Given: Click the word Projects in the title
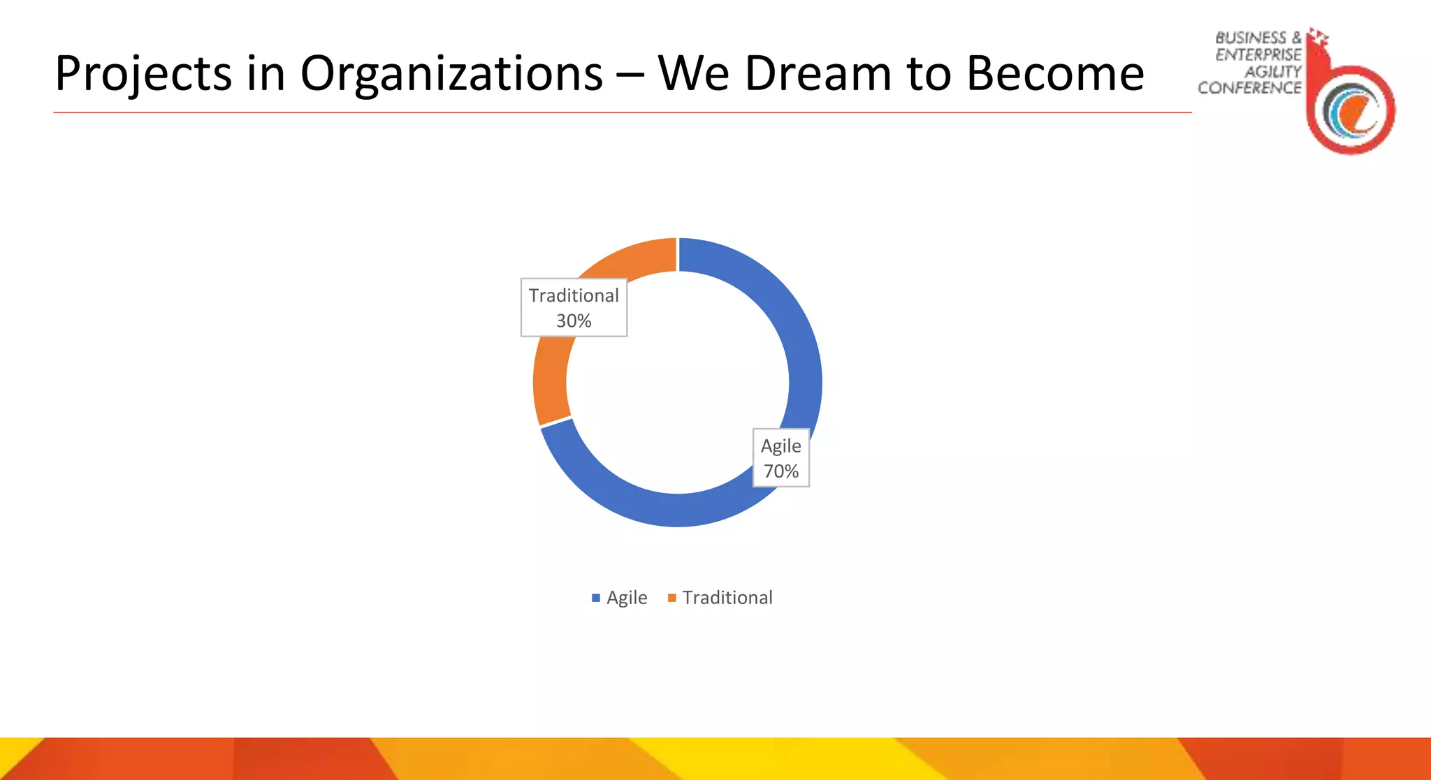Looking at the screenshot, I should (x=143, y=74).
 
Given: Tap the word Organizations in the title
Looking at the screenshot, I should (x=451, y=74).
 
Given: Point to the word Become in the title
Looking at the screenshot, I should (x=1054, y=74).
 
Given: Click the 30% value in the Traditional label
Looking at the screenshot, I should (x=574, y=321).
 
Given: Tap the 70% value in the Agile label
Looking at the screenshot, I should (x=780, y=471).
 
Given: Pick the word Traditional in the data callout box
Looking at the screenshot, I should (x=574, y=295).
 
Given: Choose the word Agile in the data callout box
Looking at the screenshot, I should (x=780, y=446).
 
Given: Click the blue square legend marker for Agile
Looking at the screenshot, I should (x=596, y=598).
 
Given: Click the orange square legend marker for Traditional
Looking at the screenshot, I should (x=672, y=598).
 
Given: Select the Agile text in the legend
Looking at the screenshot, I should (x=627, y=598).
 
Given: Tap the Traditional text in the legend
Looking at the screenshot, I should (x=727, y=598).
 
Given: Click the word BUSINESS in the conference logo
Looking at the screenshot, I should (x=1251, y=38).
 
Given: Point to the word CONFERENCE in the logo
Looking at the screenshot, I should (x=1249, y=88).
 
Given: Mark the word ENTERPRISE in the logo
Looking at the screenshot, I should (x=1258, y=54).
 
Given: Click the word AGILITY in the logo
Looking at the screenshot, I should (x=1273, y=71).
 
